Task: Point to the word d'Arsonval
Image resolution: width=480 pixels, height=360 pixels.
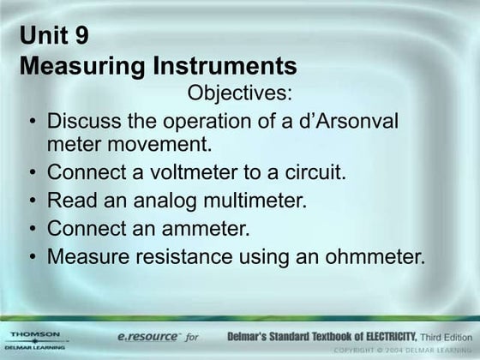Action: (346, 121)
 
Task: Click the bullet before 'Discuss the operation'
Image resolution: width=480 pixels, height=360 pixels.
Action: (32, 122)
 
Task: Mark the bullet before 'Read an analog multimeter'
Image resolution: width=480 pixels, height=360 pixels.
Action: (32, 201)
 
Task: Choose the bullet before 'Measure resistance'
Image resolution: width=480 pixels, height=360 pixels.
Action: (32, 256)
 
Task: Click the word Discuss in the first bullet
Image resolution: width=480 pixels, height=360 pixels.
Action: (80, 121)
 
